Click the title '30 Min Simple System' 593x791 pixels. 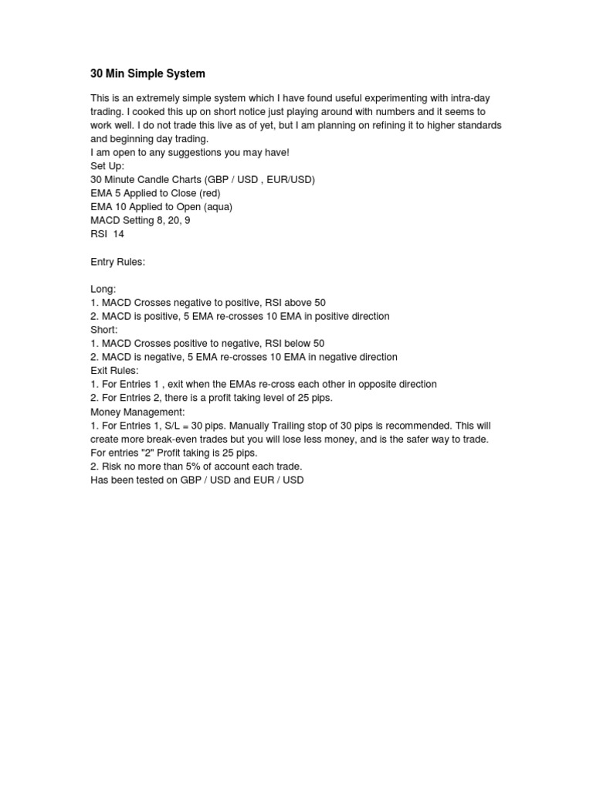click(x=147, y=74)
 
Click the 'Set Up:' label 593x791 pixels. click(x=107, y=166)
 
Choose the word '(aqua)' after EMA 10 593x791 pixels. click(x=217, y=206)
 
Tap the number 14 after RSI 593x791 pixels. click(x=118, y=233)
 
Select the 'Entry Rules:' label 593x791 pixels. click(x=117, y=262)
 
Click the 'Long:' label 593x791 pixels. click(x=103, y=289)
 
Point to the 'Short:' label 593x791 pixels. click(x=104, y=330)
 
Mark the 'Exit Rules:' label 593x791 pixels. click(x=114, y=371)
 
